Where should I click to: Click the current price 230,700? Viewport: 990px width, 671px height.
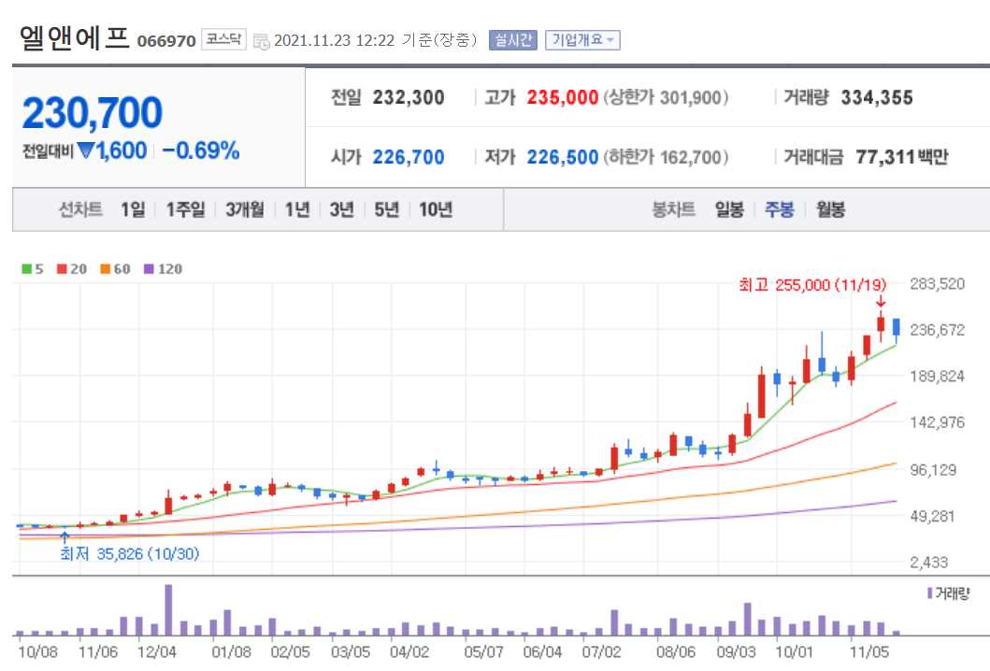coord(92,113)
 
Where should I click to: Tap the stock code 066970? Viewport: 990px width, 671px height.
coord(166,41)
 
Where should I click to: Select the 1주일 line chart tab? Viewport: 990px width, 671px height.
coord(185,209)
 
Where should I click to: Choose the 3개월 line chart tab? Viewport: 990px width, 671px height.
coord(245,209)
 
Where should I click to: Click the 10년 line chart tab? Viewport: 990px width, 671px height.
coord(436,209)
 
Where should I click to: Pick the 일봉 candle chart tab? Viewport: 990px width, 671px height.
coord(729,209)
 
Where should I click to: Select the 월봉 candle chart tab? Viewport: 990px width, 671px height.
coord(830,209)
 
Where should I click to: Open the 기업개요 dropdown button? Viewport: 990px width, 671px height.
coord(582,40)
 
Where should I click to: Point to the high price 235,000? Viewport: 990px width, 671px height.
coord(562,97)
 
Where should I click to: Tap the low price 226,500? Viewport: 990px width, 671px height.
coord(562,157)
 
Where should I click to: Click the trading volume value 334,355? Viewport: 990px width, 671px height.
coord(876,97)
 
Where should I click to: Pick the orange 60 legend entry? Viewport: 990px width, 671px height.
coord(116,269)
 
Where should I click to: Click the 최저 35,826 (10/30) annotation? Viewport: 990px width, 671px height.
coord(129,553)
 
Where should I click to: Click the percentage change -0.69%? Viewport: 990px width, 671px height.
coord(200,150)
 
